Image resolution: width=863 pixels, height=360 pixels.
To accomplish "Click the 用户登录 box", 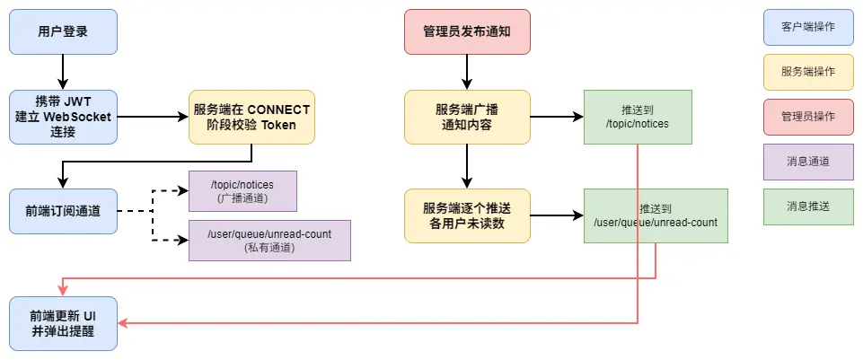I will [63, 31].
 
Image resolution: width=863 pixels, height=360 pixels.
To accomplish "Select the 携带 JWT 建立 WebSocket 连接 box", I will [63, 117].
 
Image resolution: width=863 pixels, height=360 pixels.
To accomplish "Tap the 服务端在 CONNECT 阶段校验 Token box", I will [251, 117].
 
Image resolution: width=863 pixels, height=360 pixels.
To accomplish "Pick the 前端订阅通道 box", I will [63, 211].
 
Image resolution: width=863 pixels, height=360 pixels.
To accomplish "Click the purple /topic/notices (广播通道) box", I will [242, 191].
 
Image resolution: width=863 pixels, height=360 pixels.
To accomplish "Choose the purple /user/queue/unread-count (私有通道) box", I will [269, 240].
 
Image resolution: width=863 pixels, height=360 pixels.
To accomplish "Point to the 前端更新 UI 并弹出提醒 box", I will [63, 323].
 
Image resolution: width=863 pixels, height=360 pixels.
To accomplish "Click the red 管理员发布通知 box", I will [467, 31].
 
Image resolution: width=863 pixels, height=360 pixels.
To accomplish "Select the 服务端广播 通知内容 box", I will [467, 117].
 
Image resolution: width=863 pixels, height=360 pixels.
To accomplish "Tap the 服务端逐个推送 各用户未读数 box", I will [467, 215].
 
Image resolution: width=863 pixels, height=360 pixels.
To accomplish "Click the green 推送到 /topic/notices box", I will [638, 117].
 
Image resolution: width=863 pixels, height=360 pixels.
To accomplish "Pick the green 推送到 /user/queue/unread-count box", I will [656, 215].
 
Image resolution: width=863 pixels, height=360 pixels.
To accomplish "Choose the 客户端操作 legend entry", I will [808, 27].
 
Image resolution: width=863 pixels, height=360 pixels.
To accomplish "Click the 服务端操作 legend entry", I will [808, 72].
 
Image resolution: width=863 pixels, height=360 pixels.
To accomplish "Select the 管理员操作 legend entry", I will [808, 117].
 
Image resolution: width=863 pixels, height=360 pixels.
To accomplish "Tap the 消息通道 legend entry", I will [808, 162].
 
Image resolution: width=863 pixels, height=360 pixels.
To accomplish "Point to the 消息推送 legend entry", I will [808, 206].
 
